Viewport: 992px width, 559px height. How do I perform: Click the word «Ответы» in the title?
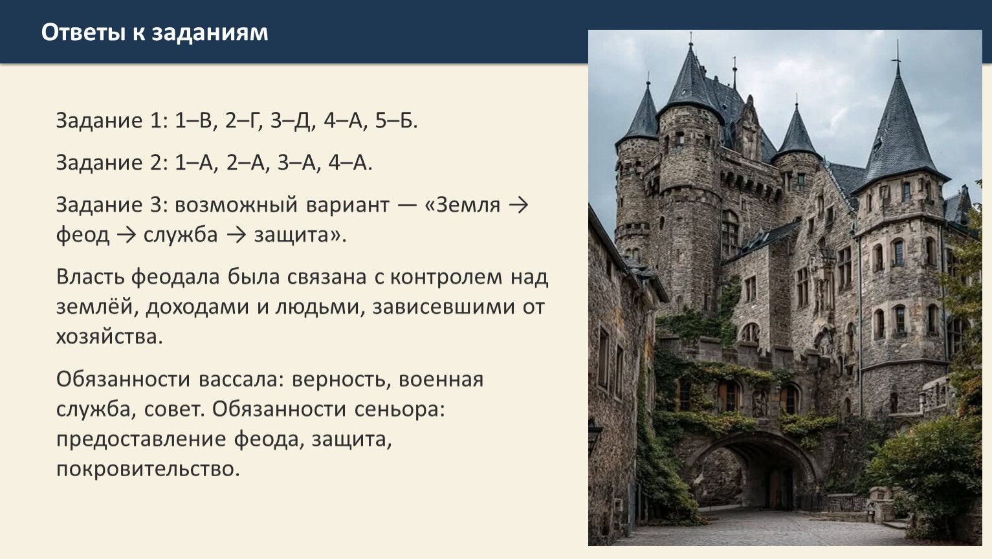pyautogui.click(x=83, y=32)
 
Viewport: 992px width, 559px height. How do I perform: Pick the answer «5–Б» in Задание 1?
pyautogui.click(x=396, y=120)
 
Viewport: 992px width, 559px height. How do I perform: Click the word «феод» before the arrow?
pyautogui.click(x=82, y=235)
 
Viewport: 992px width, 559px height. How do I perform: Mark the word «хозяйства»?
pyautogui.click(x=109, y=336)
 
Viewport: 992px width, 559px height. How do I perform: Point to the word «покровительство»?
pyautogui.click(x=148, y=469)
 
